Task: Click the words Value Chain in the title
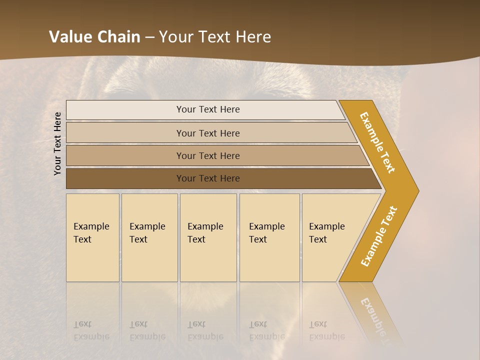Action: pyautogui.click(x=94, y=37)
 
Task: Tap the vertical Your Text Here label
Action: pyautogui.click(x=57, y=143)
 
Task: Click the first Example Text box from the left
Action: pyautogui.click(x=92, y=237)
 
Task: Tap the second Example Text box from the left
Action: pyautogui.click(x=149, y=237)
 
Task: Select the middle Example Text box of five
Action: pyautogui.click(x=208, y=237)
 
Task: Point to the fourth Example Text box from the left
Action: pyautogui.click(x=269, y=237)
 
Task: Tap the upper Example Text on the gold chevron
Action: pyautogui.click(x=377, y=142)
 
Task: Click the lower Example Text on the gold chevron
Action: pyautogui.click(x=379, y=236)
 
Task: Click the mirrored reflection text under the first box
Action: pyautogui.click(x=91, y=330)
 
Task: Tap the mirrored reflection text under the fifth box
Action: pyautogui.click(x=327, y=330)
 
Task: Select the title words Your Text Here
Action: pyautogui.click(x=215, y=37)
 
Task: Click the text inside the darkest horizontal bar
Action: pyautogui.click(x=208, y=178)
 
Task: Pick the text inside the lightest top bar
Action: pyautogui.click(x=208, y=109)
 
